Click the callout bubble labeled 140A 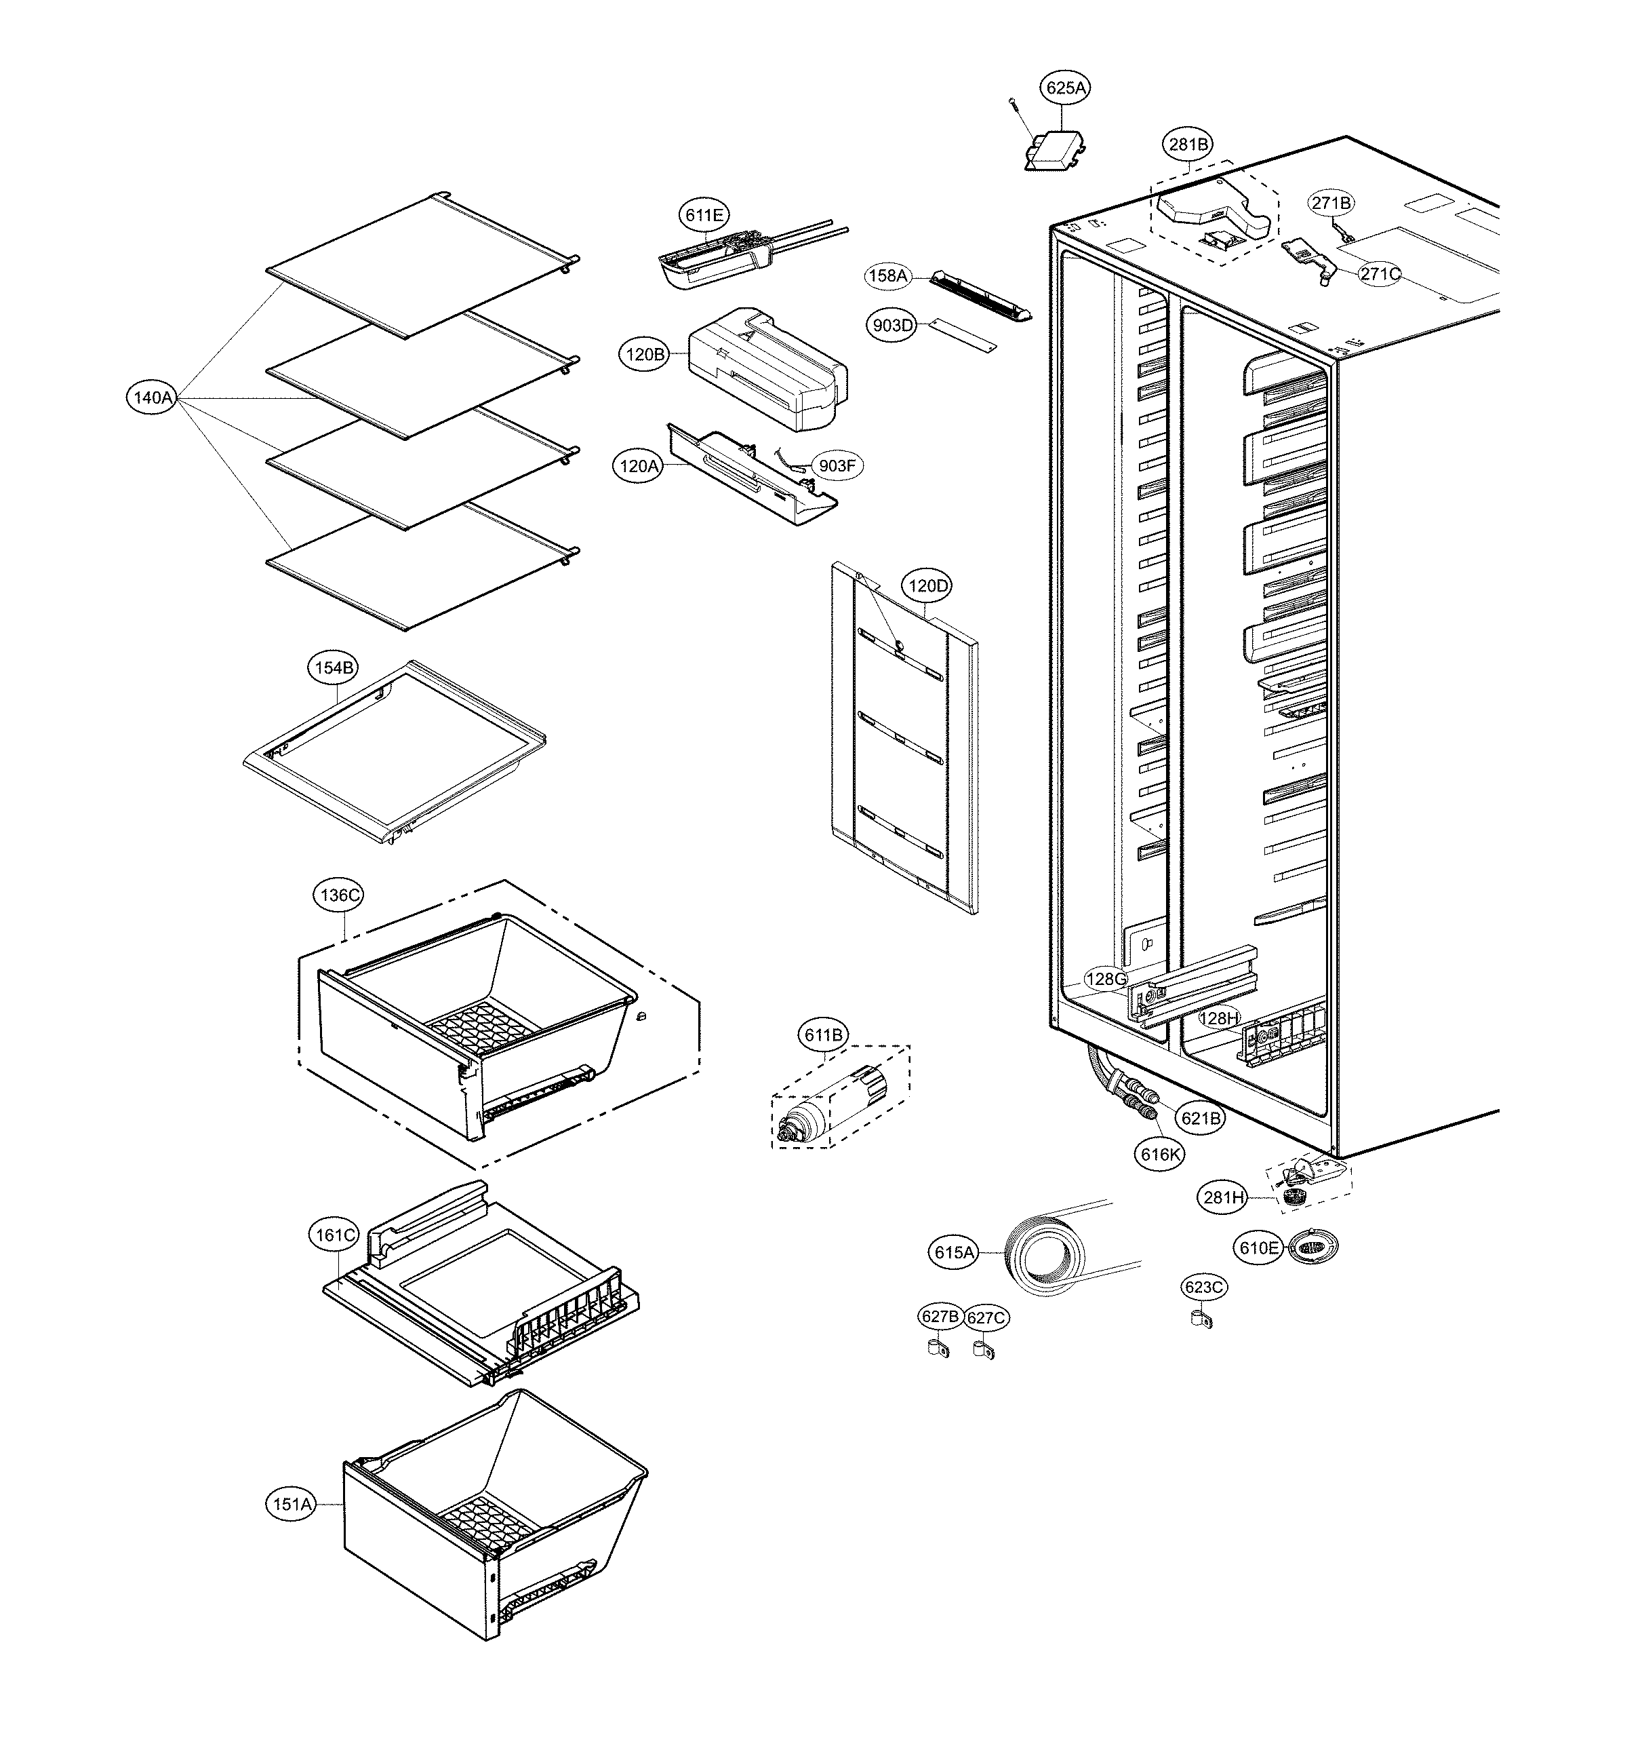[x=153, y=398]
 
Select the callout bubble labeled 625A [x=1065, y=88]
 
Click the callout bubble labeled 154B [x=333, y=668]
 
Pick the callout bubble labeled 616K [x=1160, y=1155]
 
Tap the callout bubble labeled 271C [x=1380, y=274]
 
